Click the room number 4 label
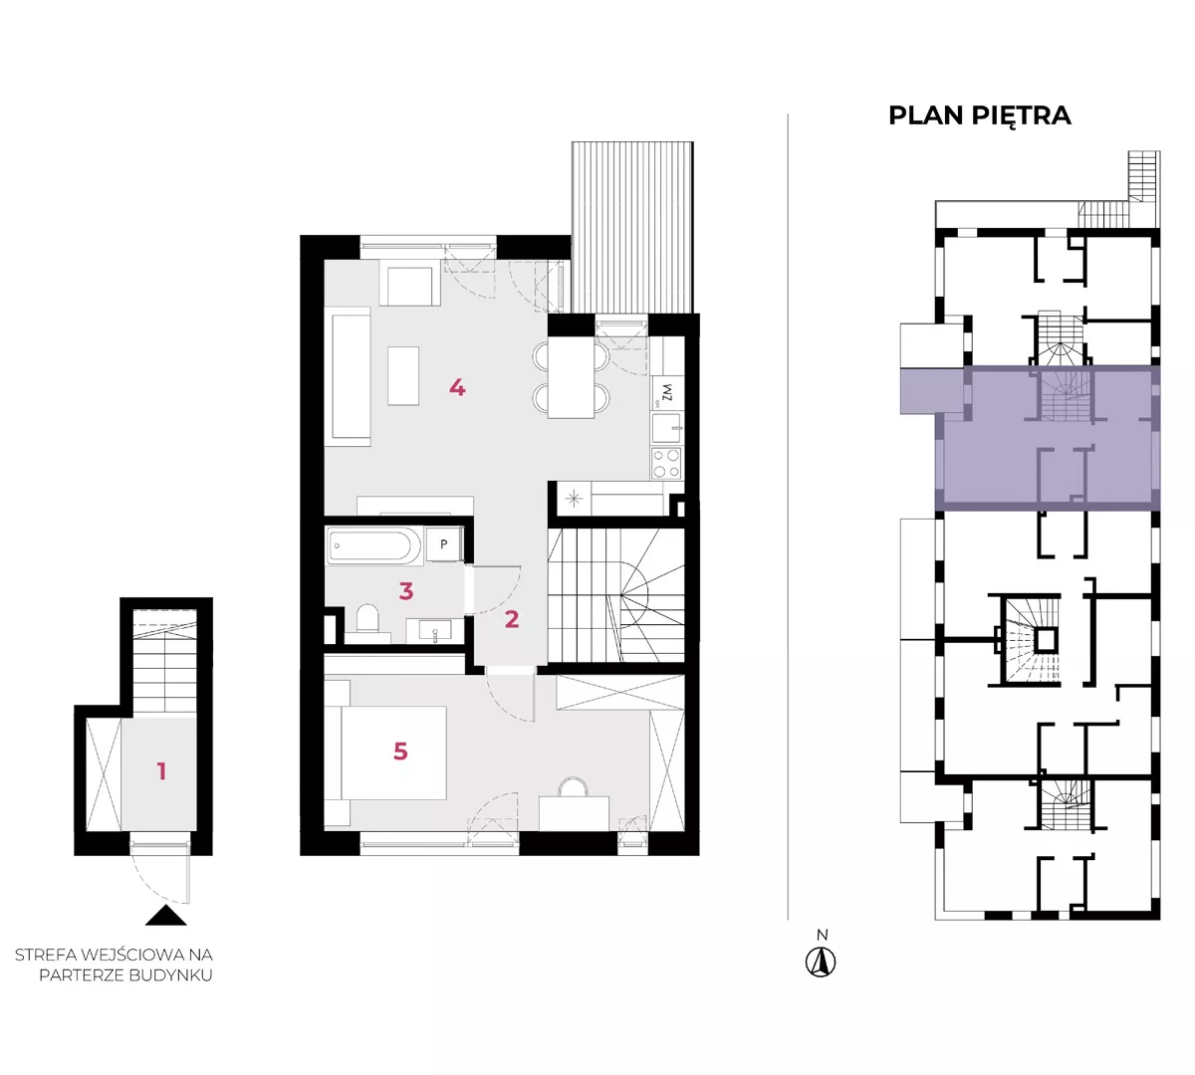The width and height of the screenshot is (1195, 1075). tap(456, 388)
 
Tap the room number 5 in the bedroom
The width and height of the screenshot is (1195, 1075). tap(400, 752)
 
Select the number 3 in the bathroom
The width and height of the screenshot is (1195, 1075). tap(405, 591)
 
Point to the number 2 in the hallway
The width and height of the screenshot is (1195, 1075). tap(511, 619)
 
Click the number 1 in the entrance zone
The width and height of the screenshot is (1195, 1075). tap(161, 771)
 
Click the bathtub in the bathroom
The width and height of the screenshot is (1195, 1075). tap(368, 545)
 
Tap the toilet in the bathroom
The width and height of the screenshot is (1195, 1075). tap(367, 620)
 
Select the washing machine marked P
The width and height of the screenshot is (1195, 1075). tap(444, 543)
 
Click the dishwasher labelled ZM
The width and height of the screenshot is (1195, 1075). tap(667, 393)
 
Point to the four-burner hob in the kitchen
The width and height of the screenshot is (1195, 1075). tap(666, 464)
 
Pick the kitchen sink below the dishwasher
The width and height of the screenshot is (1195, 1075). tap(667, 428)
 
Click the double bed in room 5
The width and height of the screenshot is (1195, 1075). tap(392, 752)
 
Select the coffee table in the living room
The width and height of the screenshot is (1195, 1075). tap(403, 376)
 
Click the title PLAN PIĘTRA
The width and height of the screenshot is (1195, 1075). tap(979, 116)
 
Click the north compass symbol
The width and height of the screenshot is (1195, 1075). tap(821, 962)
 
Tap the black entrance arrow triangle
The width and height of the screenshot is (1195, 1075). tap(166, 916)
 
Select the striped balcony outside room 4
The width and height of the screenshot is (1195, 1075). tap(632, 227)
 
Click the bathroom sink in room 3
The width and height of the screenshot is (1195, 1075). tap(435, 631)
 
